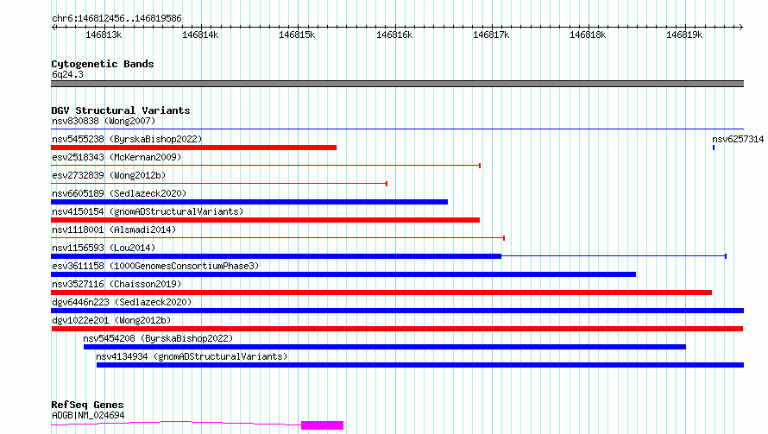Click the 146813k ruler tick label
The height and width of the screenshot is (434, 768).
pyautogui.click(x=104, y=35)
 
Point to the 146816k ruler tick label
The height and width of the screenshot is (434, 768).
pyautogui.click(x=395, y=35)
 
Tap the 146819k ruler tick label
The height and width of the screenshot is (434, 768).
pyautogui.click(x=685, y=35)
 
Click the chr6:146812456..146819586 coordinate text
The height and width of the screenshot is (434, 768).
pyautogui.click(x=116, y=18)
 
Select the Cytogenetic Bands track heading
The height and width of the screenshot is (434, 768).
pyautogui.click(x=103, y=64)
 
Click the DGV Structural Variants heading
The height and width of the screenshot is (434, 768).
pyautogui.click(x=121, y=110)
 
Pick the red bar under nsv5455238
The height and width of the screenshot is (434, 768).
pyautogui.click(x=193, y=148)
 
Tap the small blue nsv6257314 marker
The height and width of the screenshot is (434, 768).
pyautogui.click(x=714, y=148)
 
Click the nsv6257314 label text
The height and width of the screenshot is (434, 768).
pyautogui.click(x=738, y=139)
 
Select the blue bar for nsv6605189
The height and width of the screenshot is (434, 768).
pyautogui.click(x=249, y=202)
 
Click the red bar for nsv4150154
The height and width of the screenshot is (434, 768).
pyautogui.click(x=265, y=220)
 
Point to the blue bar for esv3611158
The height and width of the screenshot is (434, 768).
pyautogui.click(x=343, y=274)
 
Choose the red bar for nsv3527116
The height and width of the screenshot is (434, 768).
pyautogui.click(x=381, y=292)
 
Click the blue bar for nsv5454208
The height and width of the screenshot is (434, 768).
pyautogui.click(x=384, y=347)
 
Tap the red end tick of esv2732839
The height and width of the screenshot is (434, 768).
pyautogui.click(x=387, y=184)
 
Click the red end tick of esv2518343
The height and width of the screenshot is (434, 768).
pyautogui.click(x=480, y=166)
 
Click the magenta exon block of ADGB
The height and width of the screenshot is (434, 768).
pyautogui.click(x=322, y=425)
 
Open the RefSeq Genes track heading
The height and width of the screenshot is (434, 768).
pyautogui.click(x=87, y=405)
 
